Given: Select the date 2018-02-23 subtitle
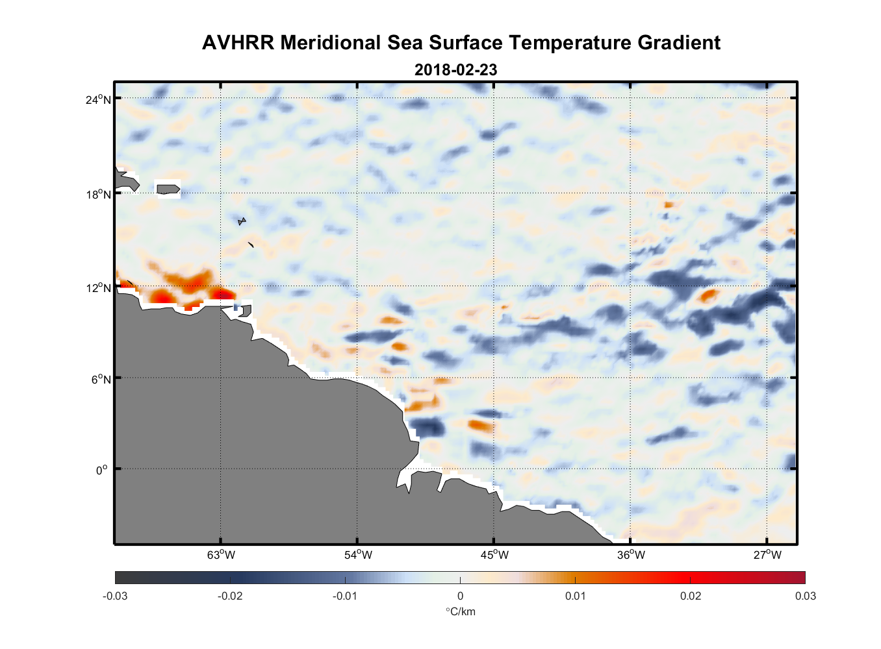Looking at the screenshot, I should (x=455, y=70).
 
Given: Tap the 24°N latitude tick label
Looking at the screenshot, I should (x=98, y=99).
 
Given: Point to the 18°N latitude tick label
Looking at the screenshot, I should (x=98, y=195).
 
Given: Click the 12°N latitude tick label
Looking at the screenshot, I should (x=98, y=288).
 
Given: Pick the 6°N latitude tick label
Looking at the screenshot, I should (x=101, y=379).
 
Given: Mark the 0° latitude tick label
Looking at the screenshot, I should (x=102, y=470).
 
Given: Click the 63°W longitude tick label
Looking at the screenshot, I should (x=221, y=555).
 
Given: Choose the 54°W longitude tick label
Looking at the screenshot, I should (x=358, y=555).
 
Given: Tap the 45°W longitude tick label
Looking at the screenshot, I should (x=494, y=555).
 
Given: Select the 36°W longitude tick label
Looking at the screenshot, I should (x=631, y=555).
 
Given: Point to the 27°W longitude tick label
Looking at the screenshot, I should (x=767, y=555).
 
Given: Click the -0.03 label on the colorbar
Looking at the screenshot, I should (x=115, y=596).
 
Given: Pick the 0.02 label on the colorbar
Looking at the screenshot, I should (x=691, y=596).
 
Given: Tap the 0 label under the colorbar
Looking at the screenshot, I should (x=460, y=596).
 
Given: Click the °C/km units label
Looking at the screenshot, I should (x=460, y=612).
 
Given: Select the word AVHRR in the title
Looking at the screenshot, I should (x=238, y=43).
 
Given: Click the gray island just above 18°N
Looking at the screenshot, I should (x=168, y=190).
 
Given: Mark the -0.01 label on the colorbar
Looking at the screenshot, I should (x=344, y=596).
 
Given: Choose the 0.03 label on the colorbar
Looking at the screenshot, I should (x=805, y=596).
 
